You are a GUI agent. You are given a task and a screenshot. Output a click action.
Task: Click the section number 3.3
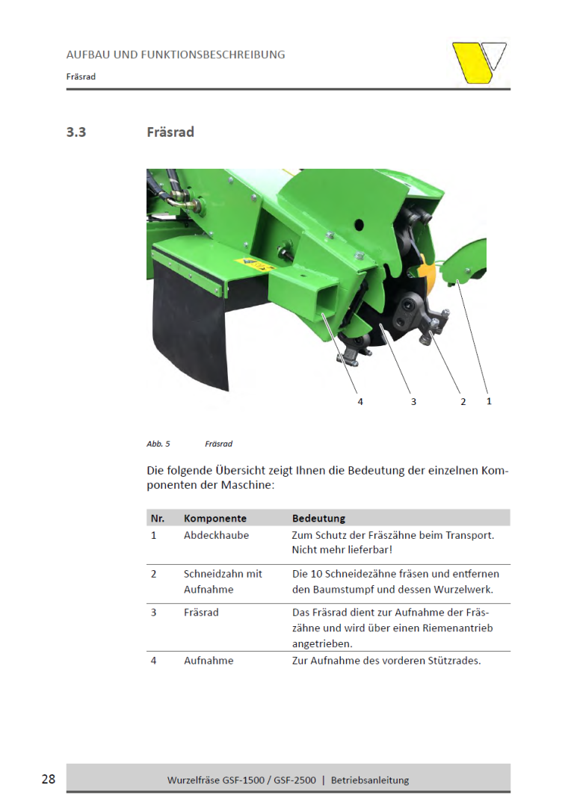pyautogui.click(x=76, y=132)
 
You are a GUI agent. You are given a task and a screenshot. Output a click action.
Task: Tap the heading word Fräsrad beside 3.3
pyautogui.click(x=170, y=132)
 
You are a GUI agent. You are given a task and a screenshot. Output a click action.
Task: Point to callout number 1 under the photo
pyautogui.click(x=489, y=401)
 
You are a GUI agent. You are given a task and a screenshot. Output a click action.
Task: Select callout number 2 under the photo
pyautogui.click(x=463, y=401)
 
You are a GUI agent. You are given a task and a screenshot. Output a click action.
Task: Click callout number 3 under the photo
pyautogui.click(x=413, y=401)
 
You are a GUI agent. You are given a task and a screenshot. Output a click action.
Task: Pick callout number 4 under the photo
pyautogui.click(x=360, y=401)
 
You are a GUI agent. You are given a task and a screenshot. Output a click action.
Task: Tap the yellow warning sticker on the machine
pyautogui.click(x=254, y=264)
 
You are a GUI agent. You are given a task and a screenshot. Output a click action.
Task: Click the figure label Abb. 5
pyautogui.click(x=158, y=444)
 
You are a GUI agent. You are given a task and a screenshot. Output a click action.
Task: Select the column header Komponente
pyautogui.click(x=215, y=518)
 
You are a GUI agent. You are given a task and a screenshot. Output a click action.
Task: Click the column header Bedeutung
pyautogui.click(x=318, y=518)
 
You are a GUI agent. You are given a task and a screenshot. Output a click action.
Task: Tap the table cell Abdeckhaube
pyautogui.click(x=216, y=535)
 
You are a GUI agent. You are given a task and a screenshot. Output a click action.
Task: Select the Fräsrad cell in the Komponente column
pyautogui.click(x=201, y=612)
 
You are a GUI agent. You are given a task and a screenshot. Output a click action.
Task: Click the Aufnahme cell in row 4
pyautogui.click(x=209, y=661)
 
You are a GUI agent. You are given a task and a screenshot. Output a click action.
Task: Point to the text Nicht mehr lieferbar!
pyautogui.click(x=342, y=550)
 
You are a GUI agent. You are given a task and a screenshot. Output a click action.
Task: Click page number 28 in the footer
pyautogui.click(x=49, y=779)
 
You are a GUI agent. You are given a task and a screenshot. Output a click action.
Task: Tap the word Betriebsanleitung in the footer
pyautogui.click(x=370, y=780)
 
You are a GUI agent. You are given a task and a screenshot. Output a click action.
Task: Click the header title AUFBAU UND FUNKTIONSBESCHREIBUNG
pyautogui.click(x=176, y=55)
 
